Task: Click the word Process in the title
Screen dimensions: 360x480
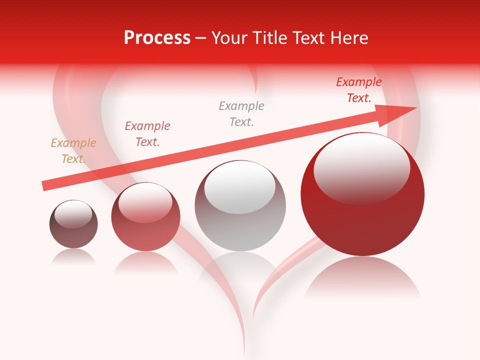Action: (x=157, y=38)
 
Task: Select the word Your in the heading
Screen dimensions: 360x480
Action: (x=229, y=38)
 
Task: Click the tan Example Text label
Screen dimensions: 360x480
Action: (x=73, y=150)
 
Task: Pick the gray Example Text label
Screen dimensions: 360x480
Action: (x=241, y=113)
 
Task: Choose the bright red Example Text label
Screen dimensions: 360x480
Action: (x=359, y=90)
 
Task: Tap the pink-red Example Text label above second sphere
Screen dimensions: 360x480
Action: (x=147, y=133)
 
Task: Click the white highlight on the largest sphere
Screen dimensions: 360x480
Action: (x=361, y=167)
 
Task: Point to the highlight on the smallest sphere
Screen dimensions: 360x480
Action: (x=73, y=214)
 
